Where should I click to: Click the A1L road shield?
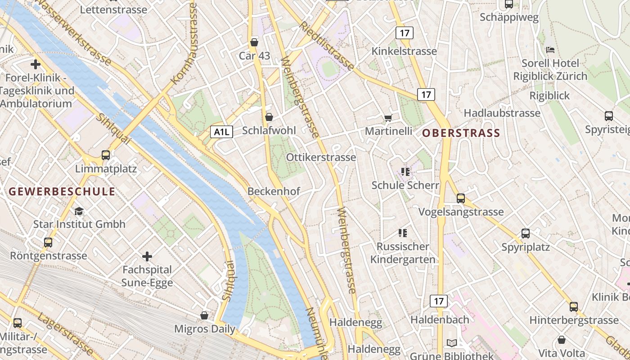pos(221,132)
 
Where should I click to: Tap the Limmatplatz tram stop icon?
pos(106,155)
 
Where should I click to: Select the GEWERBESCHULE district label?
pos(62,191)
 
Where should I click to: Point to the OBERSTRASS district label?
pos(461,133)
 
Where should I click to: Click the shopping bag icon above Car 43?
pos(254,42)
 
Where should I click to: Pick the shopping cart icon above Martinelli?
pos(388,118)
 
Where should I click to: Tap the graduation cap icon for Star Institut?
pos(79,211)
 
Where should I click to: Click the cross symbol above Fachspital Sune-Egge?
pos(147,256)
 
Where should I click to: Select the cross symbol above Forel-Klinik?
pos(36,64)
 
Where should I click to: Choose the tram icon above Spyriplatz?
pos(525,234)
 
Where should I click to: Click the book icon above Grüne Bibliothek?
pos(452,343)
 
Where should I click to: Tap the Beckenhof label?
pos(274,191)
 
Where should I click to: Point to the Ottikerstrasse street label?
pos(321,157)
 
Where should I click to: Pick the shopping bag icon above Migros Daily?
pos(204,315)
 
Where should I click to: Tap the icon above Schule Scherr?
pos(405,171)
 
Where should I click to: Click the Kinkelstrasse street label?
pos(404,51)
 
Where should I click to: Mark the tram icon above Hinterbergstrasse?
pos(573,307)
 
